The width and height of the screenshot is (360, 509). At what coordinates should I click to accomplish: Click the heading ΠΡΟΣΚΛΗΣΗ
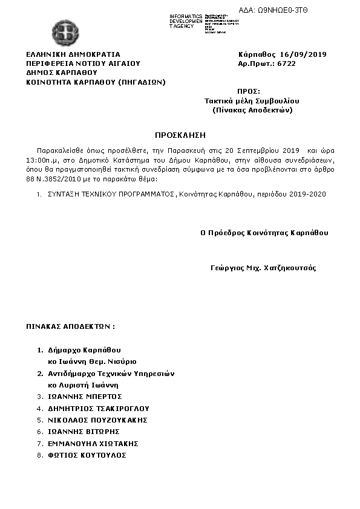tap(180, 134)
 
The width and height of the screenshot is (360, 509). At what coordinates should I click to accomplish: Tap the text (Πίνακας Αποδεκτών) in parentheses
tap(253, 111)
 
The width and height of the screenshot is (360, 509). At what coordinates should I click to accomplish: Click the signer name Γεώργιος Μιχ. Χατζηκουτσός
tap(263, 268)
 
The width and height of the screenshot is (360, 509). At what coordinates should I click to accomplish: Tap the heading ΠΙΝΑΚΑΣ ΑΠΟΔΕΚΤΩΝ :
tap(70, 326)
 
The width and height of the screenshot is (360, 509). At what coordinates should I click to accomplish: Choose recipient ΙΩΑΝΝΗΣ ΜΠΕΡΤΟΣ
tap(85, 397)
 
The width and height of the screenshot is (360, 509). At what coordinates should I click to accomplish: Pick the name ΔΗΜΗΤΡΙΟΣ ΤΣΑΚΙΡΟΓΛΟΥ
tap(99, 408)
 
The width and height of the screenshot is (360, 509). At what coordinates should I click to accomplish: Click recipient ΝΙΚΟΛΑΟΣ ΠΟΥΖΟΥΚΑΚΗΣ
tap(98, 420)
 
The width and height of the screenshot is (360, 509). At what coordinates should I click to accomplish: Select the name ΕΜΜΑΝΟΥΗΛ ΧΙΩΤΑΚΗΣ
tap(94, 443)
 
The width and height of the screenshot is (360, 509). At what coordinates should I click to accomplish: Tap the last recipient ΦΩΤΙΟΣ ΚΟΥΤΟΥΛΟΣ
tap(87, 455)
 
